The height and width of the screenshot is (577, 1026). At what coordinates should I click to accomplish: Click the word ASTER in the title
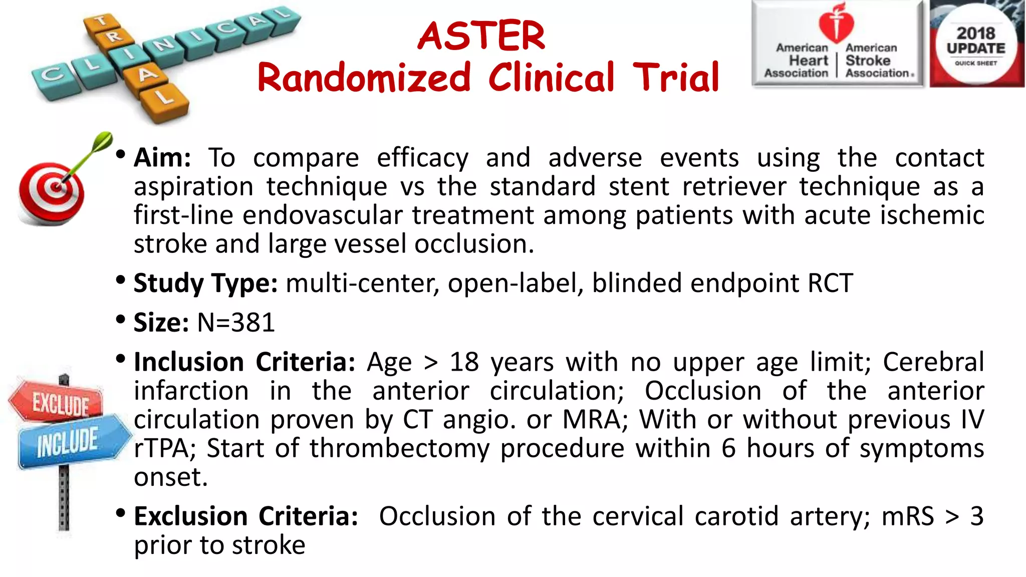click(x=481, y=36)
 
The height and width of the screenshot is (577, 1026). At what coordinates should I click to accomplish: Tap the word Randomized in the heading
click(x=364, y=78)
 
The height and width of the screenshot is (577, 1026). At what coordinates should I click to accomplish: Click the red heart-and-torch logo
click(x=836, y=23)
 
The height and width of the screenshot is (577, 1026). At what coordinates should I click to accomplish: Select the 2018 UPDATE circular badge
click(x=975, y=46)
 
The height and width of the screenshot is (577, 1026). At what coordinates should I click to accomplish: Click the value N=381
click(x=236, y=322)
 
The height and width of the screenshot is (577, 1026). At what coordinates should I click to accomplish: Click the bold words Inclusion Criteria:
click(x=244, y=362)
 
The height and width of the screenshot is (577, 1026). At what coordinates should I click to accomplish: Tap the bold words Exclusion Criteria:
click(x=246, y=516)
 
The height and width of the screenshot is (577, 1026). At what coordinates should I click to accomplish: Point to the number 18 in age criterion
click(x=464, y=362)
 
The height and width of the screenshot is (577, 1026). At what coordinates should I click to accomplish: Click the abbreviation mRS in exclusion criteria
click(x=907, y=516)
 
